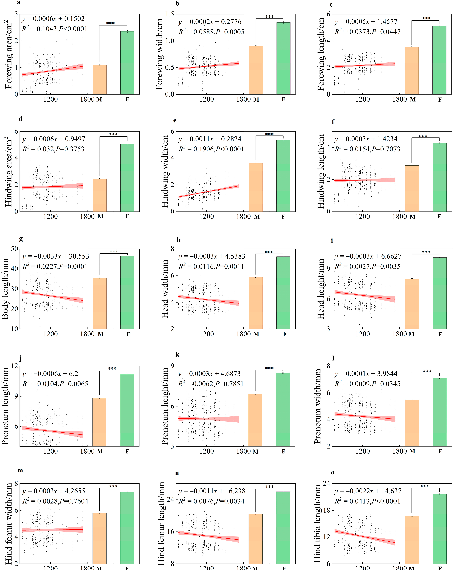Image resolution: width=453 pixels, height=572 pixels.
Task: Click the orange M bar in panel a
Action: pos(99,80)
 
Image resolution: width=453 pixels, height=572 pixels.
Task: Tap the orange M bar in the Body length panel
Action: pos(99,304)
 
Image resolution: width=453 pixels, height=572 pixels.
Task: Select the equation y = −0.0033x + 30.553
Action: pos(56,256)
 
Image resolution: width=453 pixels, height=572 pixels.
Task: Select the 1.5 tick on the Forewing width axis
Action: pos(170,14)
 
